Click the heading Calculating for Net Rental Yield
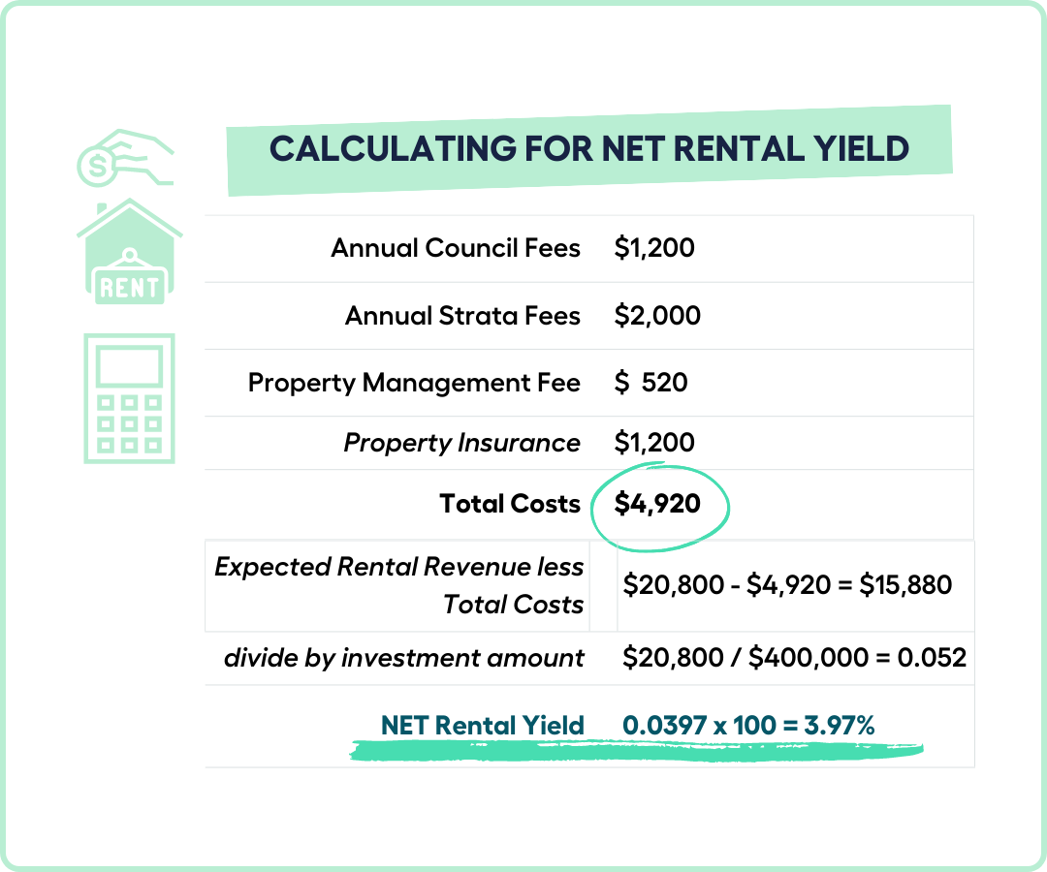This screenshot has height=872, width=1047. coord(589,149)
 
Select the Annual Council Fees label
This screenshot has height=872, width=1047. coord(456,248)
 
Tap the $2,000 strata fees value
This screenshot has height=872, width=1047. coord(657,315)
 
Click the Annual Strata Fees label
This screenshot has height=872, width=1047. coord(462,316)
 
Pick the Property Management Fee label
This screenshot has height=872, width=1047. coord(414,383)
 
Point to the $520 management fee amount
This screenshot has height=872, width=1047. coord(651,383)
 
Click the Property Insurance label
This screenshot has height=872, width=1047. coord(461,443)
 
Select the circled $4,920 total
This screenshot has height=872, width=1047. coord(657,504)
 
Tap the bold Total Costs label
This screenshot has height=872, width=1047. coord(510,504)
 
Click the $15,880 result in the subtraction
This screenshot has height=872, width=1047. coord(905,585)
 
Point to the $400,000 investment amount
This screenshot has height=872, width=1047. coord(809,658)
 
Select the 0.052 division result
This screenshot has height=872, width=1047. coord(932,658)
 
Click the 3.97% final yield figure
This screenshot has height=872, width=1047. coord(840,726)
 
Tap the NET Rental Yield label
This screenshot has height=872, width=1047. coord(482,726)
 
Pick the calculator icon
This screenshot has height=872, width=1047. coord(130,398)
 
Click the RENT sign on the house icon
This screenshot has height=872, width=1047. coord(130,288)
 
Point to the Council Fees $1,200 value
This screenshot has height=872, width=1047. coord(654,248)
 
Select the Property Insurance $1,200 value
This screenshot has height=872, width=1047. coord(654,443)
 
